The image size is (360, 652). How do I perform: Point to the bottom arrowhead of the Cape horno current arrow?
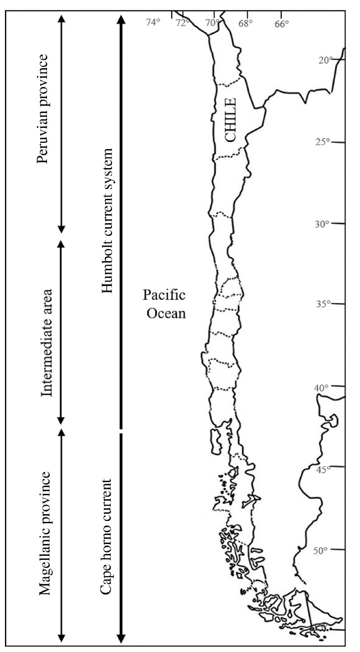click(121, 638)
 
